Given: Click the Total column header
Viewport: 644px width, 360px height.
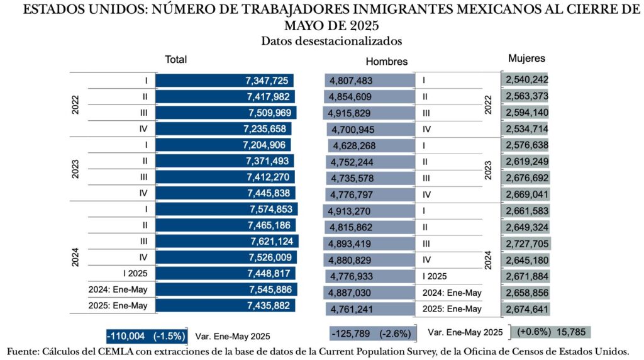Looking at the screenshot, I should coord(175,60).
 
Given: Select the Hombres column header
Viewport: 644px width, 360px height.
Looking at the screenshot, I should coord(386,62).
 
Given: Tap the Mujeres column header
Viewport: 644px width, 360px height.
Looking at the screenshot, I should coord(526,59).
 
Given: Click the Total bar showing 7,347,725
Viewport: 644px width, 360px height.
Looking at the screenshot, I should coord(225,81).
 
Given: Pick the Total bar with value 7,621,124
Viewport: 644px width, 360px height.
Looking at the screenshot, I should coord(227,241).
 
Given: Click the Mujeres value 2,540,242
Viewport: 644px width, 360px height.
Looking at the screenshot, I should coord(527,80).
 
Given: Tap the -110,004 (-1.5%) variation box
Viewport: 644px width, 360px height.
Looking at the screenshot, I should coord(146,335).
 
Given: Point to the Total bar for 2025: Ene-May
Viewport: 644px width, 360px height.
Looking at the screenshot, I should coord(226,306).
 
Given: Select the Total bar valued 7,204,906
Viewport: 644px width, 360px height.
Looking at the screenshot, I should coord(223,145).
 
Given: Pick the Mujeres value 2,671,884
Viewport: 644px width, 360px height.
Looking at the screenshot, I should coord(527,276).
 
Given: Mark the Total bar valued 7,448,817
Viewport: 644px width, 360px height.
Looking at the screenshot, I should coord(226,274).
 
